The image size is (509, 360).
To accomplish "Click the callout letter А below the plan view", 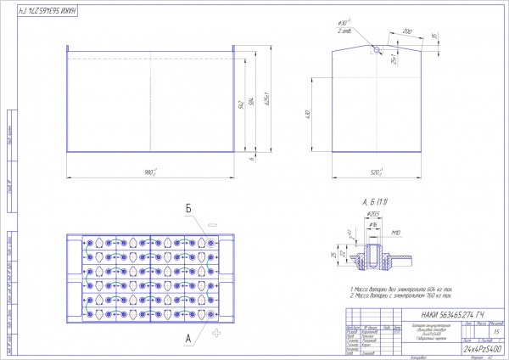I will click(x=187, y=336).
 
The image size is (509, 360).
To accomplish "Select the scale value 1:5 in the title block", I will click(x=494, y=333).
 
